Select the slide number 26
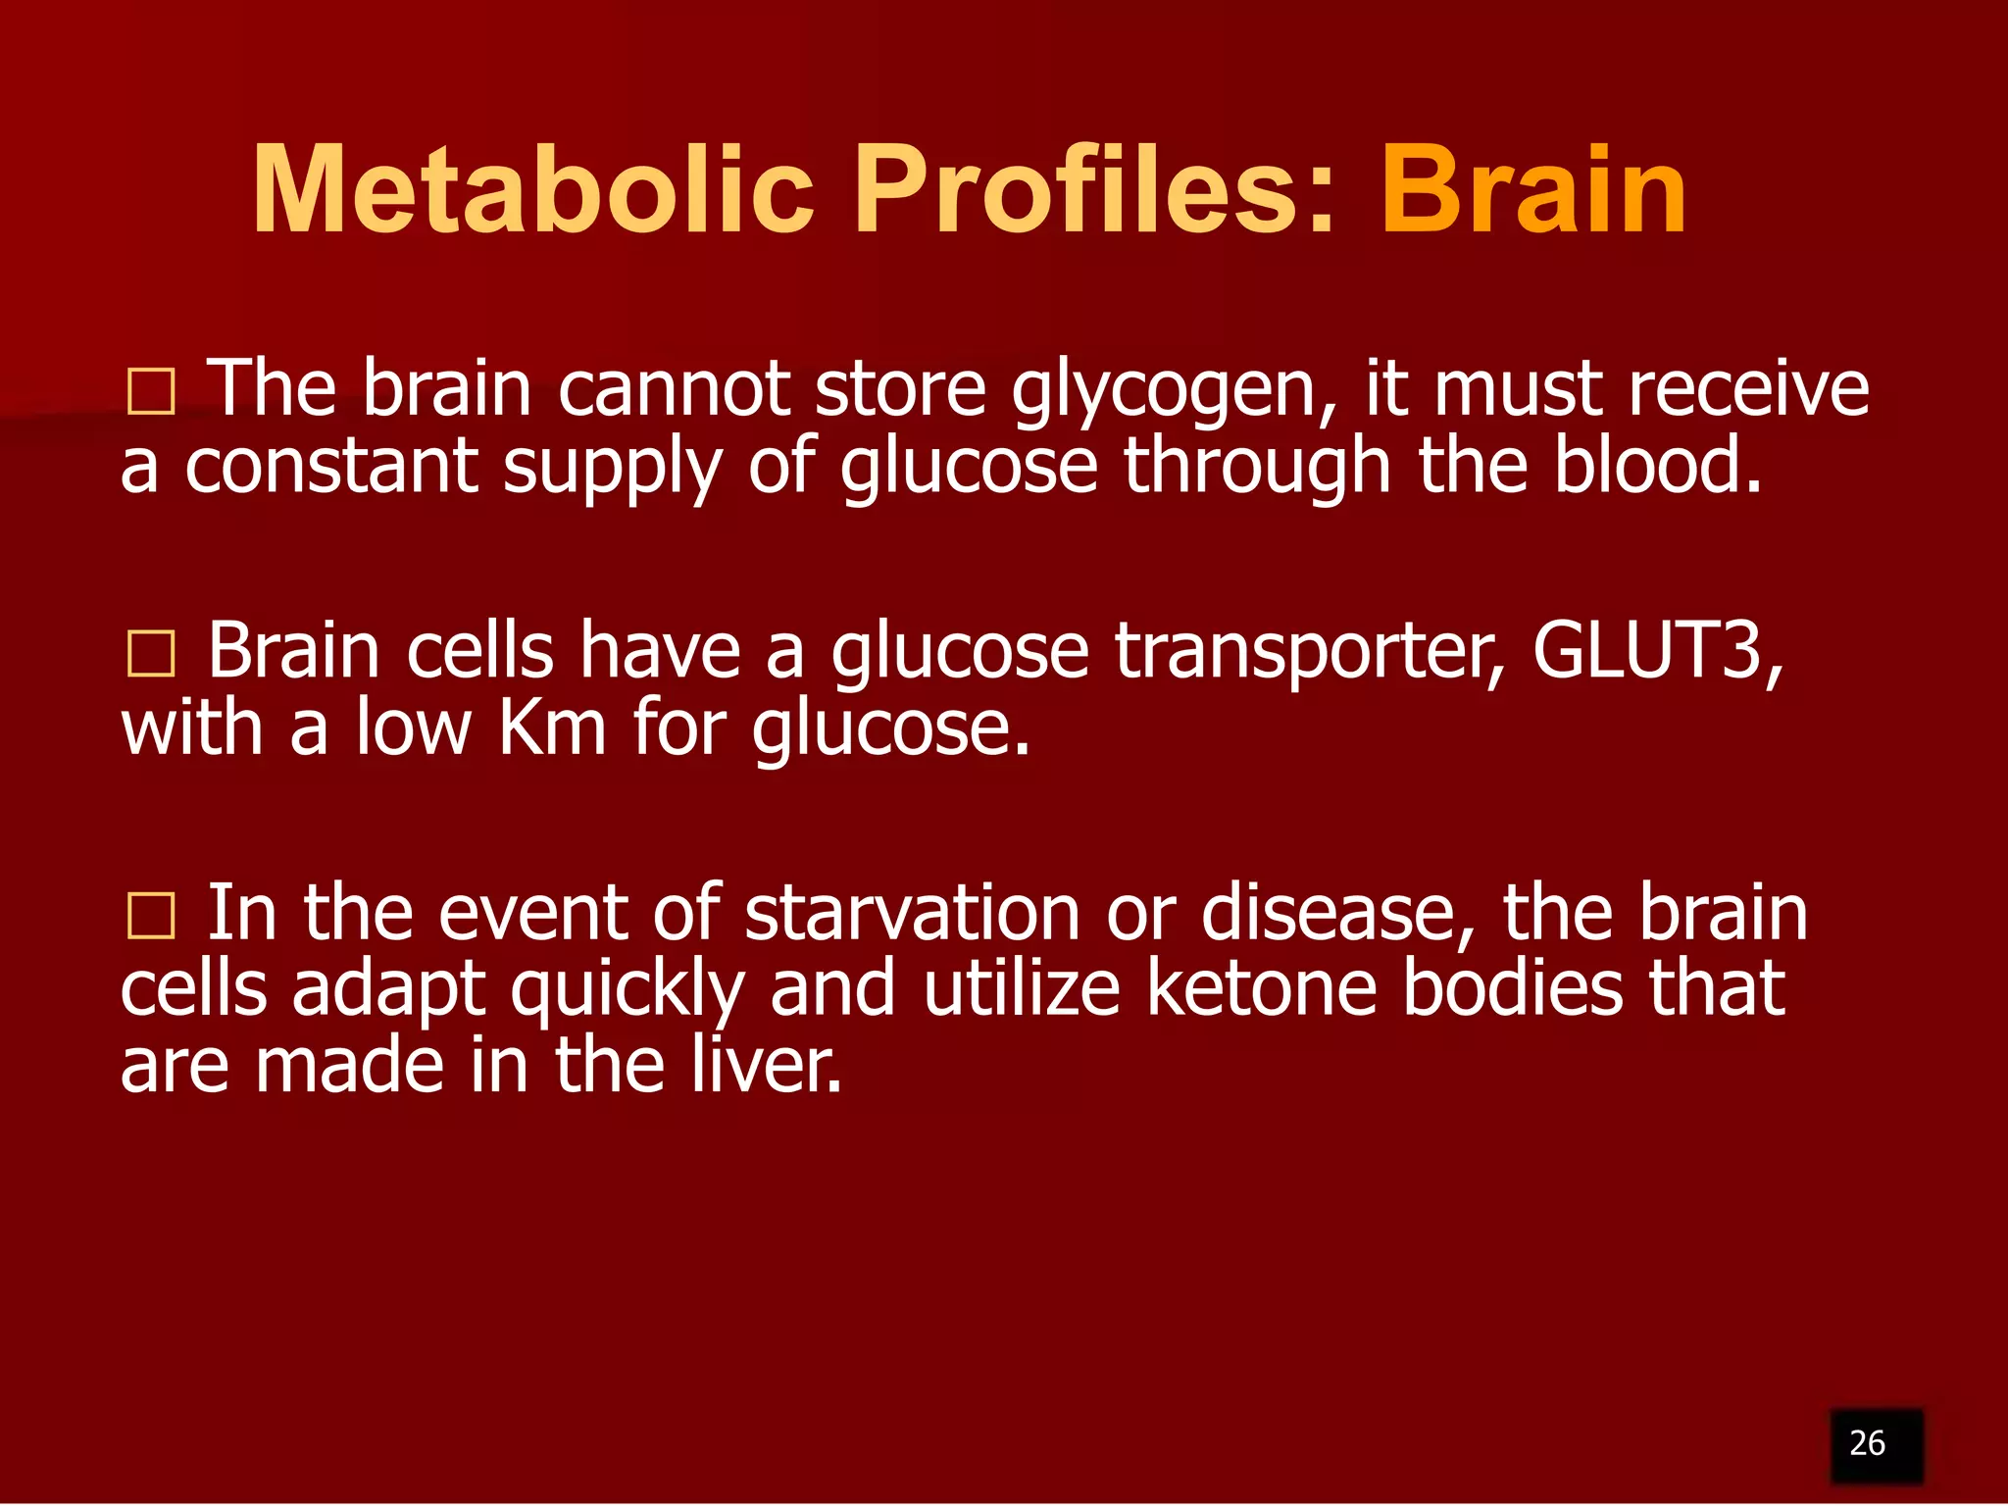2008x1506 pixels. point(1867,1443)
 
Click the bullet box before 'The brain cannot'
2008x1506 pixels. point(151,393)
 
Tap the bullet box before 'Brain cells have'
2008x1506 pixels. point(151,655)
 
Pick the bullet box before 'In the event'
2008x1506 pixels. point(151,917)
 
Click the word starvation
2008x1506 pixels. point(912,914)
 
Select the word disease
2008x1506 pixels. point(1338,914)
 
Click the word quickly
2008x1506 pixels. point(627,992)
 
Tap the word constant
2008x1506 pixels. point(331,467)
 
